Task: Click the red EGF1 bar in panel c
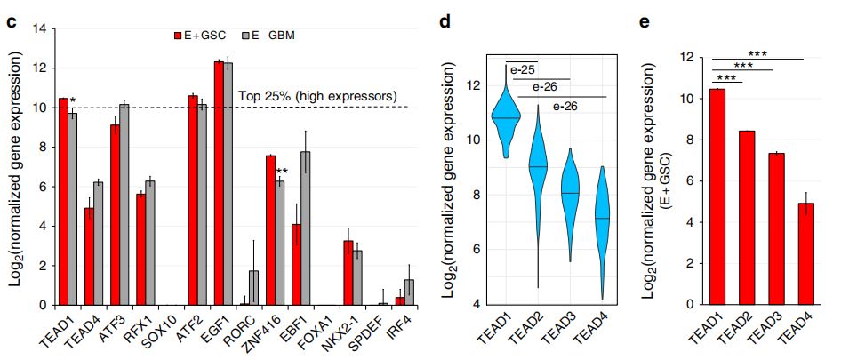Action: click(219, 183)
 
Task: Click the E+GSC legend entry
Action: click(200, 36)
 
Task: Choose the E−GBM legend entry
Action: click(269, 36)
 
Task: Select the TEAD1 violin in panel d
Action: click(507, 120)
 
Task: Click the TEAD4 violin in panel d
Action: click(603, 222)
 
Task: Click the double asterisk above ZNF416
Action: click(283, 172)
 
